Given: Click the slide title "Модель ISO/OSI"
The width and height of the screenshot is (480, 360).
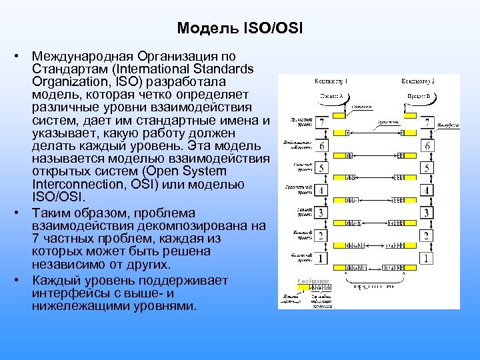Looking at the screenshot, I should (240, 29).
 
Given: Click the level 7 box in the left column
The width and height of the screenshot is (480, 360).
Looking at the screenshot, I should (322, 123).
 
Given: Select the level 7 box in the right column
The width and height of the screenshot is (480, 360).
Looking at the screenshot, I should (427, 123).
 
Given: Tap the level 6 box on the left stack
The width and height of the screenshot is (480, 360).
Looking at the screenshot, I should (322, 146).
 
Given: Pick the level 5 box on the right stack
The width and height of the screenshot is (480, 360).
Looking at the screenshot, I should (427, 168).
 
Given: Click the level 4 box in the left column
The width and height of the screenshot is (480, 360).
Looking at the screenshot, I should (322, 191).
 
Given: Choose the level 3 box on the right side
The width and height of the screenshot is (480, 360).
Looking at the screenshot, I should (427, 213).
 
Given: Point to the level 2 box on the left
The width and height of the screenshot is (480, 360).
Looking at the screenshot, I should (322, 235).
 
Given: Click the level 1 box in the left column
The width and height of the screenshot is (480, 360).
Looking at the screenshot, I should (322, 257).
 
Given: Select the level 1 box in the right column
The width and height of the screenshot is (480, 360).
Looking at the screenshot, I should (427, 257).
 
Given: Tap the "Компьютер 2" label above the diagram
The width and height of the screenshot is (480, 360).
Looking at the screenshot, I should (418, 81).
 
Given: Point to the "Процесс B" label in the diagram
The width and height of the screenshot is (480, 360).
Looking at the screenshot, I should (419, 96).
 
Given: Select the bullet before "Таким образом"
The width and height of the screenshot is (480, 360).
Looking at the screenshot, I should (22, 213).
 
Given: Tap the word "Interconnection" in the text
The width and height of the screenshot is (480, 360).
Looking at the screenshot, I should (75, 185).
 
